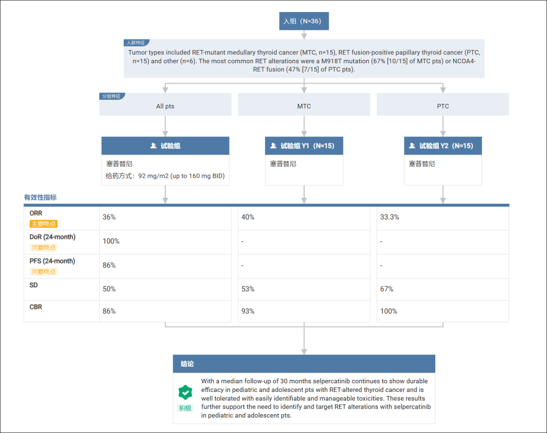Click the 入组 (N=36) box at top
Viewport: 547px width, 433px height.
point(304,21)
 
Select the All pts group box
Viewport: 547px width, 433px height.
point(165,104)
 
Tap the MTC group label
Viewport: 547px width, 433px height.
point(304,106)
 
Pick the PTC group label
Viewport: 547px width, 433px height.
point(443,106)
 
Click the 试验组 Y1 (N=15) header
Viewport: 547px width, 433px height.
point(304,145)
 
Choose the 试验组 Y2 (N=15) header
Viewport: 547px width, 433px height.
point(443,145)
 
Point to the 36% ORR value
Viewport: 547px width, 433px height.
point(109,217)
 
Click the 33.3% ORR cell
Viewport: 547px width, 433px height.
point(389,217)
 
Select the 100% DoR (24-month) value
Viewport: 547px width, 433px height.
point(111,241)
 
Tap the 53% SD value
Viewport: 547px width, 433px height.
point(248,289)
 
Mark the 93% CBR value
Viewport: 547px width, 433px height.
point(248,311)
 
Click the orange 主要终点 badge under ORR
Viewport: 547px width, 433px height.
point(44,224)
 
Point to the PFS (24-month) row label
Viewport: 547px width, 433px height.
point(52,261)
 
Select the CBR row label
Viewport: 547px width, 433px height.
point(35,307)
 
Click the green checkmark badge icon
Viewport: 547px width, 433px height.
point(185,392)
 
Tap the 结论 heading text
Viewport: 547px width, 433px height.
point(187,364)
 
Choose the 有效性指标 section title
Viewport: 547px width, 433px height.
point(40,197)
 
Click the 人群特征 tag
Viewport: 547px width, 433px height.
point(136,43)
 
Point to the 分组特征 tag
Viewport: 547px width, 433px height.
point(112,96)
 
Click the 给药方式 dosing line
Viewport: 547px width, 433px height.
point(165,176)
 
